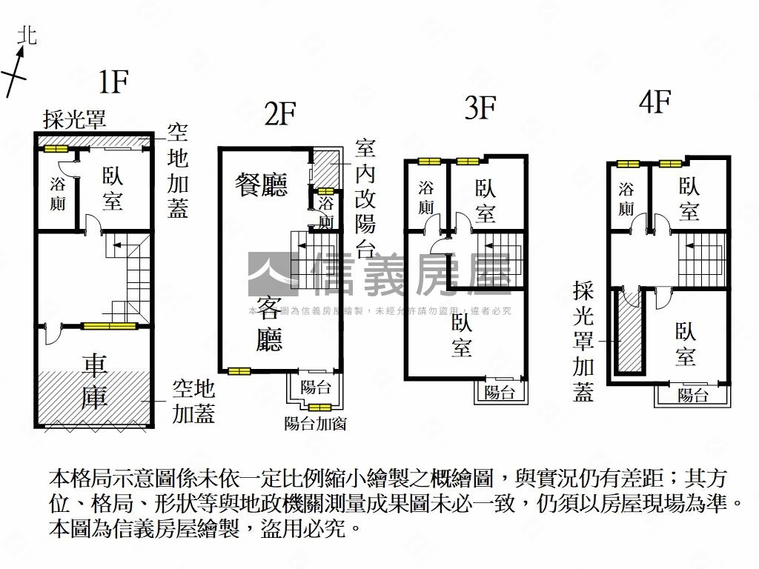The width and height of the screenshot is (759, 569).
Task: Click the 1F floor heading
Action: pyautogui.click(x=115, y=82)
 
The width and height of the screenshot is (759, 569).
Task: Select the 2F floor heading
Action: pyautogui.click(x=280, y=115)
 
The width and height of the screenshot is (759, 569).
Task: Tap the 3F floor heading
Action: pyautogui.click(x=480, y=109)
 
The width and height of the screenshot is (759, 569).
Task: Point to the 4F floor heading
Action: pyautogui.click(x=654, y=102)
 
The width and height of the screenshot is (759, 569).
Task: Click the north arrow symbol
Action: pyautogui.click(x=18, y=65)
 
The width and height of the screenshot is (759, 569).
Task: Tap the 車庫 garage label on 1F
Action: pyautogui.click(x=94, y=381)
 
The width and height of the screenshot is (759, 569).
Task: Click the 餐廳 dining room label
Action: pyautogui.click(x=262, y=184)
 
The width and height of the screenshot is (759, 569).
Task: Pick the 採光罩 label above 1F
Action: pyautogui.click(x=74, y=119)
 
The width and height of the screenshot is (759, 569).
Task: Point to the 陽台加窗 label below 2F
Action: pyautogui.click(x=316, y=423)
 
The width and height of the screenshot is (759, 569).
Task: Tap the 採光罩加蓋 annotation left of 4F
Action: pyautogui.click(x=584, y=342)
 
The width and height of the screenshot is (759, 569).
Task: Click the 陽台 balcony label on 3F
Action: pyautogui.click(x=500, y=393)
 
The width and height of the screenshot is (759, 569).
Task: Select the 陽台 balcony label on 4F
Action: pyautogui.click(x=692, y=395)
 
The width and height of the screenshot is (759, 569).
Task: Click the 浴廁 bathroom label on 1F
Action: pyautogui.click(x=58, y=193)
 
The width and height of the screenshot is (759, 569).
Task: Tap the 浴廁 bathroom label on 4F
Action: pyautogui.click(x=626, y=199)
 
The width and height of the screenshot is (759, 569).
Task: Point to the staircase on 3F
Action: pyautogui.click(x=500, y=253)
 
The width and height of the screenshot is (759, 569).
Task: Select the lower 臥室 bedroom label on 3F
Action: pyautogui.click(x=461, y=335)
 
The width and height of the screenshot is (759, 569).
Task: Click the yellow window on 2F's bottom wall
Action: pyautogui.click(x=239, y=371)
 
